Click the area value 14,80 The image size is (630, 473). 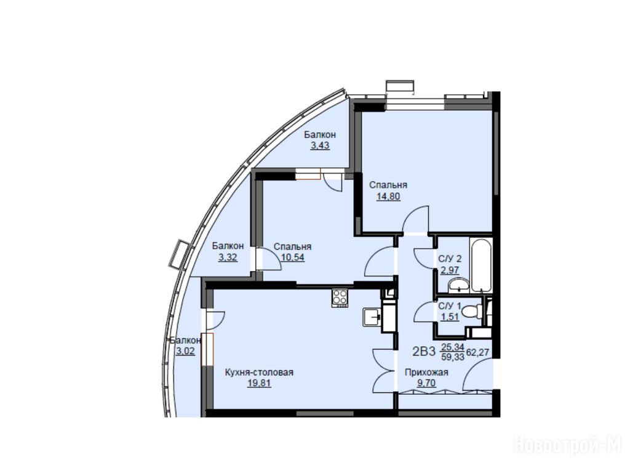(388, 196)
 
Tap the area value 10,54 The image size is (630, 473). (292, 257)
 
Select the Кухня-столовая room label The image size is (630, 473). (259, 373)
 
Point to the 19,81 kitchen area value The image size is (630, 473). (259, 383)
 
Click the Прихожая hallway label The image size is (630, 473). (426, 373)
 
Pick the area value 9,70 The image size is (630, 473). (426, 383)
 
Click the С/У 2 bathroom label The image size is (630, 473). (450, 259)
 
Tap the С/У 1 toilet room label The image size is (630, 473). (450, 306)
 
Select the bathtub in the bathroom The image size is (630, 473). (481, 265)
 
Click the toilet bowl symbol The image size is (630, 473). (472, 311)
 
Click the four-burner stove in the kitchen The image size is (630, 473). (340, 298)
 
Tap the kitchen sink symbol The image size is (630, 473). (372, 317)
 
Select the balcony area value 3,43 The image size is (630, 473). (320, 145)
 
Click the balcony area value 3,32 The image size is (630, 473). (228, 257)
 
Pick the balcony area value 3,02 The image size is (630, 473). (185, 351)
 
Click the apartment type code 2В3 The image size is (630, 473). (424, 352)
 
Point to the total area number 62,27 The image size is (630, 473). (477, 352)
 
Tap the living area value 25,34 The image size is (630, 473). (453, 347)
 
